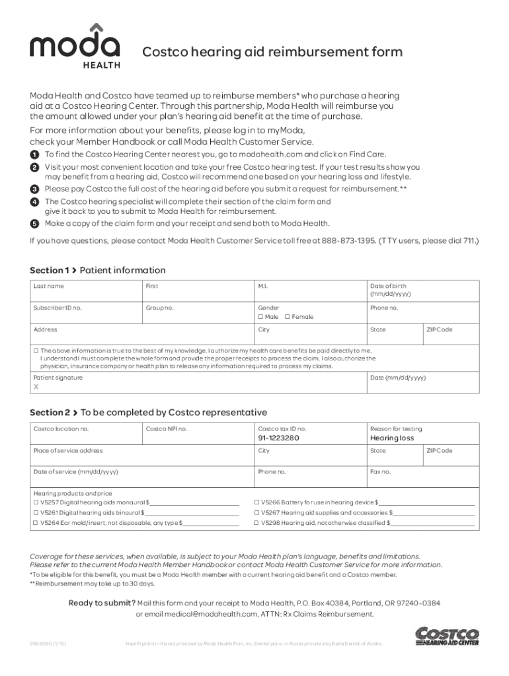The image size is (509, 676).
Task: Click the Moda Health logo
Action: pyautogui.click(x=75, y=46)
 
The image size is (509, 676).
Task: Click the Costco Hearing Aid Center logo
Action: pyautogui.click(x=447, y=636)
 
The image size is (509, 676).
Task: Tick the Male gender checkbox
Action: pyautogui.click(x=260, y=317)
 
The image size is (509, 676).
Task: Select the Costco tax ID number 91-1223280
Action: pyautogui.click(x=278, y=438)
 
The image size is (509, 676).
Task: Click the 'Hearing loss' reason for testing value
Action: pyautogui.click(x=392, y=438)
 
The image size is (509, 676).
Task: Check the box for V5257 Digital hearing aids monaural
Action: pyautogui.click(x=36, y=502)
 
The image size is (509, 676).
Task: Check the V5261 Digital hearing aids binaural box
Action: pyautogui.click(x=36, y=513)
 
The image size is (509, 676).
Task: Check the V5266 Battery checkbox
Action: pyautogui.click(x=257, y=502)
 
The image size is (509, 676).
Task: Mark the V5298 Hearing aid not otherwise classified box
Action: pyautogui.click(x=257, y=524)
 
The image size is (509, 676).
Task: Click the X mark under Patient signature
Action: pyautogui.click(x=36, y=388)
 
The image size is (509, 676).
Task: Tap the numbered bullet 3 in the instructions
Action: pyautogui.click(x=34, y=189)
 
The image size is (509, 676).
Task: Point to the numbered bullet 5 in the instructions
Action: pyautogui.click(x=34, y=224)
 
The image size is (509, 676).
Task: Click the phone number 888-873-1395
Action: pyautogui.click(x=348, y=241)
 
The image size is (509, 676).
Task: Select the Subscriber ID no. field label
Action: pyautogui.click(x=58, y=308)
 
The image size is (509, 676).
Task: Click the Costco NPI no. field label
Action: pyautogui.click(x=167, y=429)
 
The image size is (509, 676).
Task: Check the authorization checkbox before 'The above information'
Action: pyautogui.click(x=36, y=351)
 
